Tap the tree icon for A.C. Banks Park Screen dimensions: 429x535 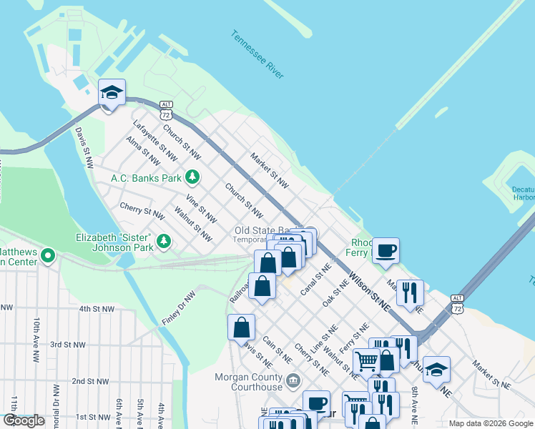pos(192,177)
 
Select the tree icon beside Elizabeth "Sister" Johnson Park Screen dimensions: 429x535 pos(165,242)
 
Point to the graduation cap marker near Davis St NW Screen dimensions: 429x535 pos(112,93)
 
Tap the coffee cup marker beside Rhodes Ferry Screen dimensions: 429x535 pos(386,250)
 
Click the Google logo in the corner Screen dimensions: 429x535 pos(24,420)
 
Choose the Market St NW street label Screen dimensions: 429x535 pos(269,170)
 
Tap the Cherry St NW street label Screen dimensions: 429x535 pos(142,212)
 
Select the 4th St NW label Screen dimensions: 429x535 pos(97,309)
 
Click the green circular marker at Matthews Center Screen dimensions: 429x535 pos(48,255)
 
